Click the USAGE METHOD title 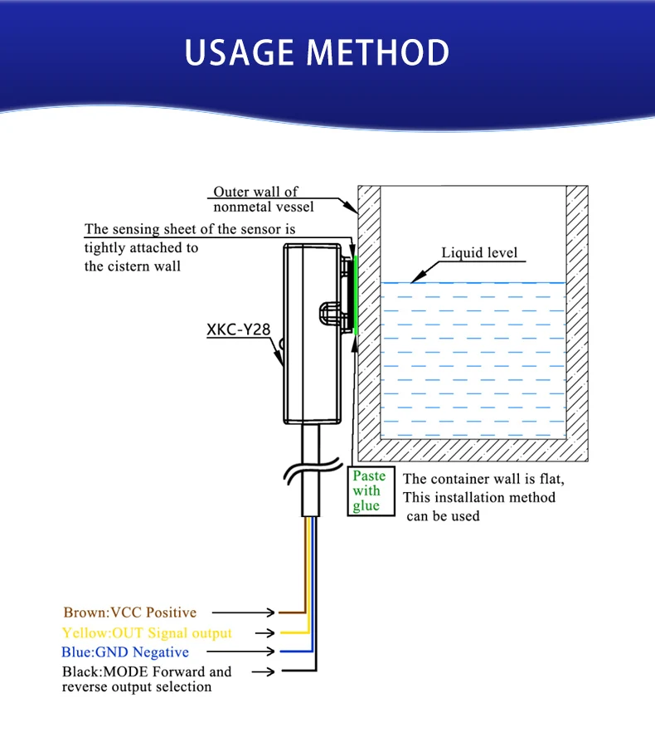tap(317, 51)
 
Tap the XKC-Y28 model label tap(238, 329)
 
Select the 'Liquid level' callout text tap(478, 253)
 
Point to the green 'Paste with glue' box tap(369, 491)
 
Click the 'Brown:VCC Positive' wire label tap(130, 613)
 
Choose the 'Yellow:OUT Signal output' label tap(147, 632)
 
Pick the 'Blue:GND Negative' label tap(125, 652)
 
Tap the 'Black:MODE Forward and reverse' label tap(147, 679)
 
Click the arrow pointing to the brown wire tap(260, 613)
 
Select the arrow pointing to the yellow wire tap(260, 632)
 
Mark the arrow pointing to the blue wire tap(260, 652)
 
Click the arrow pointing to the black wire tap(260, 671)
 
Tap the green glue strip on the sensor tap(355, 295)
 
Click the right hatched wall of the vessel tap(577, 315)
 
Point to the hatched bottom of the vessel tap(473, 450)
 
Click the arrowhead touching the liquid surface tap(419, 278)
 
